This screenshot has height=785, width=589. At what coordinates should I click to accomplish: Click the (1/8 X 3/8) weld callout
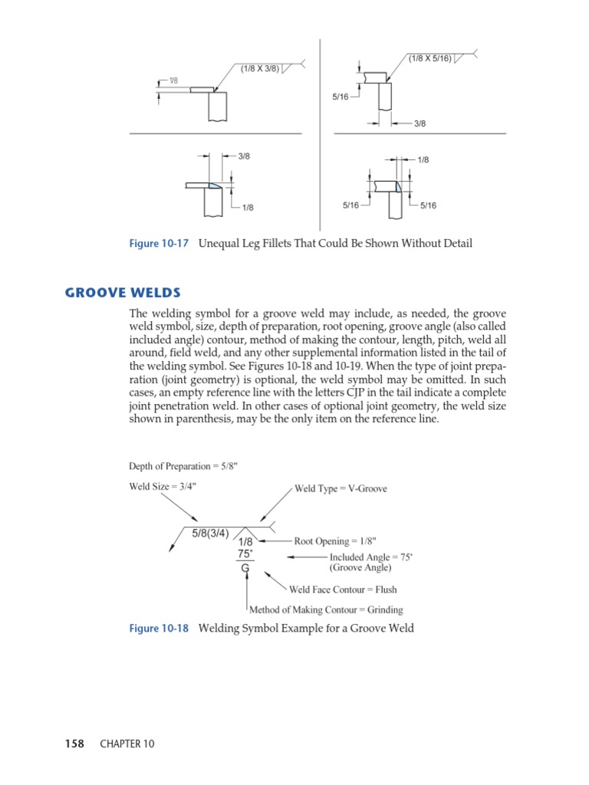pos(259,68)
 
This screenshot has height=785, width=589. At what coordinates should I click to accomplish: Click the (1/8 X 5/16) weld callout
pos(429,57)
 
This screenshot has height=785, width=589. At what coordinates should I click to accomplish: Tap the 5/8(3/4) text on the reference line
pos(210,534)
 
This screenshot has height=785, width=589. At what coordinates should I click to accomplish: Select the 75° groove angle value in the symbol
pos(245,553)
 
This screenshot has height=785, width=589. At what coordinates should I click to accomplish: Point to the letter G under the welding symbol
pos(245,569)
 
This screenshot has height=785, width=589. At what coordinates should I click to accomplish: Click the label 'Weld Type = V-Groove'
pos(341,488)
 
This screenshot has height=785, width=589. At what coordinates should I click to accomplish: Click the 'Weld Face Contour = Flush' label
pos(343,590)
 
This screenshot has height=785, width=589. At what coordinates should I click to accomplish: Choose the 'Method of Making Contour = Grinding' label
pos(326,610)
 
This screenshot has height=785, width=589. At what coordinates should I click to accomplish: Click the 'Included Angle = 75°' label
pos(371,557)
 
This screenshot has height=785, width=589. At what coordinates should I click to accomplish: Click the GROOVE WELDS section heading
pos(123,292)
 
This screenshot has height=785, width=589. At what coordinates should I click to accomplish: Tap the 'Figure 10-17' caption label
pos(159,244)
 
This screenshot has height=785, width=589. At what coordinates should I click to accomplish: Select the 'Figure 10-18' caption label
pos(159,629)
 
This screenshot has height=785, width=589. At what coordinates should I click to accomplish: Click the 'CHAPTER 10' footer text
pos(127,744)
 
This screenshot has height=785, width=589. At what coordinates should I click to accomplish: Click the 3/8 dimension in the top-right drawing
pos(420,123)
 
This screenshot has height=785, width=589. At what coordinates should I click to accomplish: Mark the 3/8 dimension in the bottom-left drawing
pos(244,156)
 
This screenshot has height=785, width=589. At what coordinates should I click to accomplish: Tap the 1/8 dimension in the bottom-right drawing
pos(423,159)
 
